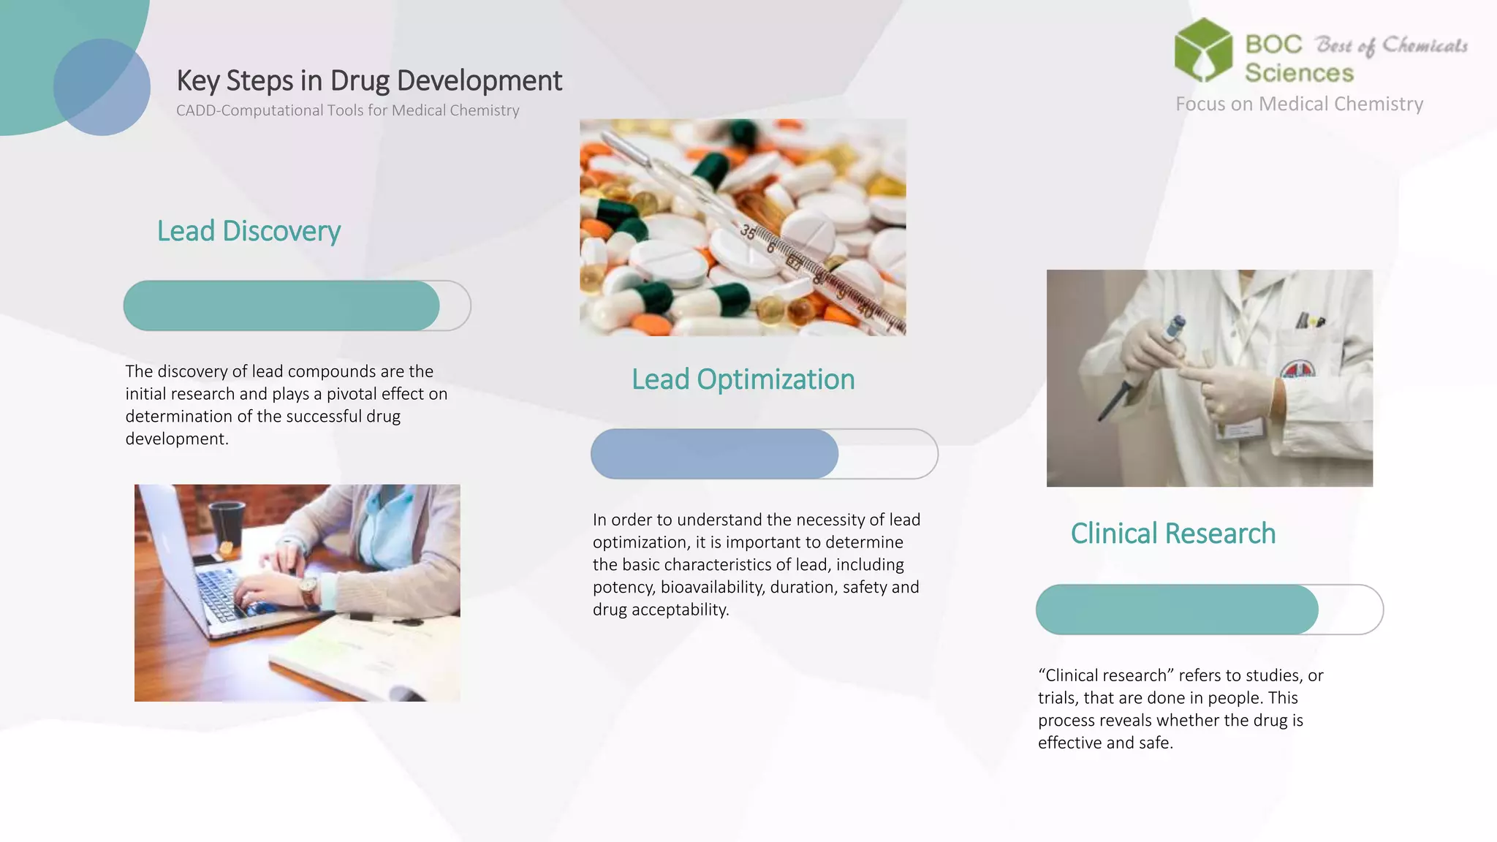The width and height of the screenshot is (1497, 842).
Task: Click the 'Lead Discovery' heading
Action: (249, 232)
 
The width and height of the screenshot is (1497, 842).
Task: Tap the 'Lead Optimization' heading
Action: (743, 380)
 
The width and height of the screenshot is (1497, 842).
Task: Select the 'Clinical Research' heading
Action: (1172, 534)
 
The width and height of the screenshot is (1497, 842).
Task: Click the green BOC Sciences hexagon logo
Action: (1203, 50)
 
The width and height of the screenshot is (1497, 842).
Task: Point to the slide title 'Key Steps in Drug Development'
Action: (369, 80)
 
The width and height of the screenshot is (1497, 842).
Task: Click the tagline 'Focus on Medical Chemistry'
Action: (1299, 105)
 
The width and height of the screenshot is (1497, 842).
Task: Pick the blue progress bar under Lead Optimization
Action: (715, 454)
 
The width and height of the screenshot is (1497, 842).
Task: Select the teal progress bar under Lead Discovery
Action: (281, 306)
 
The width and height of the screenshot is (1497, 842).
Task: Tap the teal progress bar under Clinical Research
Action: (1177, 610)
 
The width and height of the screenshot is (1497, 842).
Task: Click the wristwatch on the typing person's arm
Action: (308, 588)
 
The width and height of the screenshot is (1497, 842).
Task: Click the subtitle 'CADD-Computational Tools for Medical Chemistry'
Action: (347, 110)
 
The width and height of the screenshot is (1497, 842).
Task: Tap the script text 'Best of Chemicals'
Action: (1391, 46)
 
